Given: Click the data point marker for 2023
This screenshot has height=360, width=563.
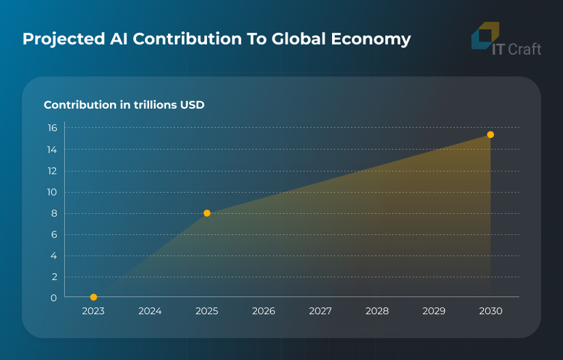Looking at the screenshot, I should pyautogui.click(x=94, y=297).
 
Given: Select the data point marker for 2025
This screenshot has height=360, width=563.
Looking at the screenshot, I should pyautogui.click(x=207, y=213).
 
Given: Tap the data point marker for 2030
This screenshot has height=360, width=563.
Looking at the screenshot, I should pyautogui.click(x=491, y=135).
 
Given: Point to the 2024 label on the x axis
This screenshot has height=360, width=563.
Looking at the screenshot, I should pyautogui.click(x=150, y=311).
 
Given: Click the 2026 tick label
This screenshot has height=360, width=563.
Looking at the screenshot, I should pyautogui.click(x=263, y=311).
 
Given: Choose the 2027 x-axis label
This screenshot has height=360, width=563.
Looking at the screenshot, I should pyautogui.click(x=320, y=311).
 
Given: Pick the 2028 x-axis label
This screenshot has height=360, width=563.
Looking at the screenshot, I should pyautogui.click(x=377, y=311).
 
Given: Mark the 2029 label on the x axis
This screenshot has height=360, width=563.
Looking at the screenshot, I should pyautogui.click(x=434, y=311).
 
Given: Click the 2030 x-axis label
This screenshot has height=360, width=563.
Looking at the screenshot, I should pyautogui.click(x=491, y=311).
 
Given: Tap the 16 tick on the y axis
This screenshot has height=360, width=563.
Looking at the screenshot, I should pyautogui.click(x=52, y=128).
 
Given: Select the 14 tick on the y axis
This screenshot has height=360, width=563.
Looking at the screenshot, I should pyautogui.click(x=52, y=149).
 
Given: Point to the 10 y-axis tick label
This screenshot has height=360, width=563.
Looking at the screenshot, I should pyautogui.click(x=52, y=192).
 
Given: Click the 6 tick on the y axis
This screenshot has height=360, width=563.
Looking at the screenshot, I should pyautogui.click(x=53, y=234).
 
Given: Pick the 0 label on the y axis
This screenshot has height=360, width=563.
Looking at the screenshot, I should pyautogui.click(x=53, y=298).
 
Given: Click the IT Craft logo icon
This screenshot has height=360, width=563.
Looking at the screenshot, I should pyautogui.click(x=485, y=36).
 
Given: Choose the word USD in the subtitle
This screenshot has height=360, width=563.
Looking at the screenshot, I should pyautogui.click(x=192, y=105).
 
